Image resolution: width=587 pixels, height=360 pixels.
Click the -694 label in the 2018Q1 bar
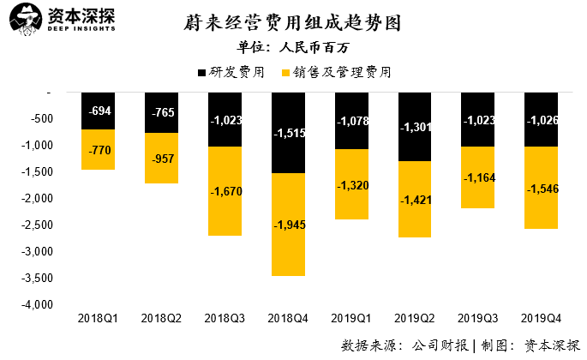pos(98,111)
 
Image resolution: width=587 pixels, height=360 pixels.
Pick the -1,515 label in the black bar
pos(287,134)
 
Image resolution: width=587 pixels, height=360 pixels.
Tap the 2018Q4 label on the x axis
pos(287,319)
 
